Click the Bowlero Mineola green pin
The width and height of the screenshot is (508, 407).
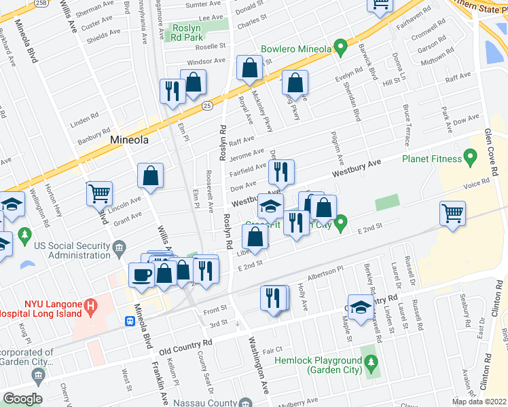(342, 49)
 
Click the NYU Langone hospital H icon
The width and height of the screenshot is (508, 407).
(90, 308)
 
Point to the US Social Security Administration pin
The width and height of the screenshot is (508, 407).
(120, 246)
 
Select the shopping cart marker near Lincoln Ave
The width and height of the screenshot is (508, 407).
(100, 194)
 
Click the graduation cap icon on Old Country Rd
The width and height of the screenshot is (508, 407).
(361, 307)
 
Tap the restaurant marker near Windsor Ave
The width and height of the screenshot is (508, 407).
(172, 91)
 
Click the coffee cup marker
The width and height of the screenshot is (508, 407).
(142, 275)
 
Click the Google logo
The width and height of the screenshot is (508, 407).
(22, 399)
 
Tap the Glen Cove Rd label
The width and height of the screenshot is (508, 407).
(492, 153)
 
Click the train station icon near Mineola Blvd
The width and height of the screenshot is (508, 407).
(129, 322)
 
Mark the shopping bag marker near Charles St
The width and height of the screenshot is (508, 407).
(250, 68)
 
